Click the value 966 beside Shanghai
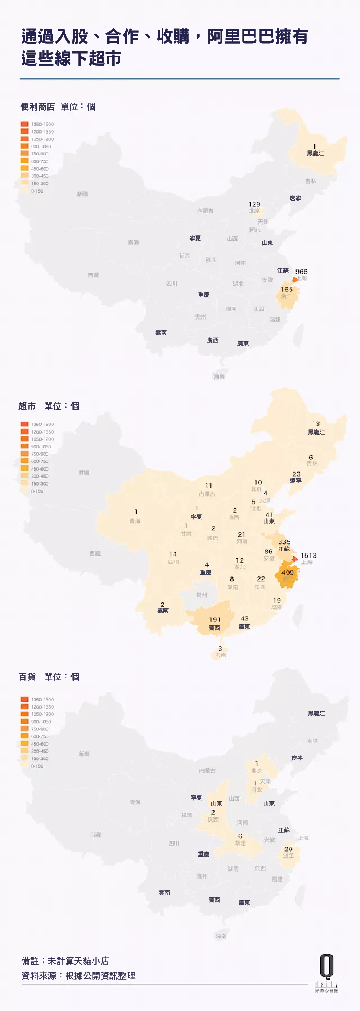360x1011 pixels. coord(302,272)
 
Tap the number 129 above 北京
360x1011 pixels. coord(255,204)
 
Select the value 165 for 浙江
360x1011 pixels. coord(287,289)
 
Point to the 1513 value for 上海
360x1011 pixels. coord(309,555)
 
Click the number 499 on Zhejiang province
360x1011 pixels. coord(288,573)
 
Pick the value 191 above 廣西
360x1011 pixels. coord(215,620)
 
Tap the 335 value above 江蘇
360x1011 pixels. coord(284,542)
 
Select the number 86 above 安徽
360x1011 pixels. coord(268,551)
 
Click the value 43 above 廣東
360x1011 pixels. coord(244,619)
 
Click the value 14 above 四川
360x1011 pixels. coord(173,554)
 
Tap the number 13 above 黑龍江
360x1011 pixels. coord(316,424)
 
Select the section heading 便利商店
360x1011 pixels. coord(37,106)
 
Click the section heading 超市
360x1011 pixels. coord(27,406)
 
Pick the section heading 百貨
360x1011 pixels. coord(27,677)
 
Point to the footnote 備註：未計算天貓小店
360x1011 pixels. coord(65,961)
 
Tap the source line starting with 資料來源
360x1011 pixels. coord(79,976)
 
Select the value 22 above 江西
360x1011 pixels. coord(261,579)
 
